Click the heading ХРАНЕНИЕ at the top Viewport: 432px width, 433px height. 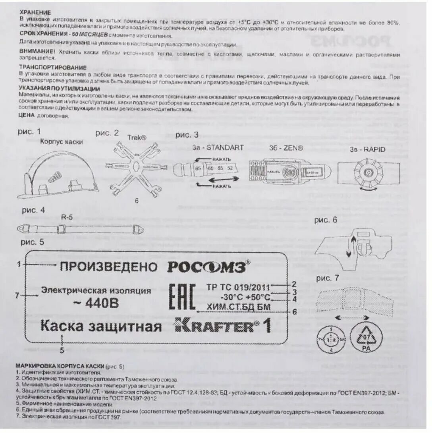click(x=35, y=13)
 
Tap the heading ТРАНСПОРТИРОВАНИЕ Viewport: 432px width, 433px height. click(x=53, y=68)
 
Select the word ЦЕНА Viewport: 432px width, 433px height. click(x=27, y=116)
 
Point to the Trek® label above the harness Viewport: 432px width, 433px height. click(x=137, y=137)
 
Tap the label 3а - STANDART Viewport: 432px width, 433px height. click(x=218, y=147)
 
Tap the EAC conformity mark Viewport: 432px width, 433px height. click(x=182, y=297)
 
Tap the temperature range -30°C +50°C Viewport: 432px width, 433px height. click(x=245, y=297)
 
